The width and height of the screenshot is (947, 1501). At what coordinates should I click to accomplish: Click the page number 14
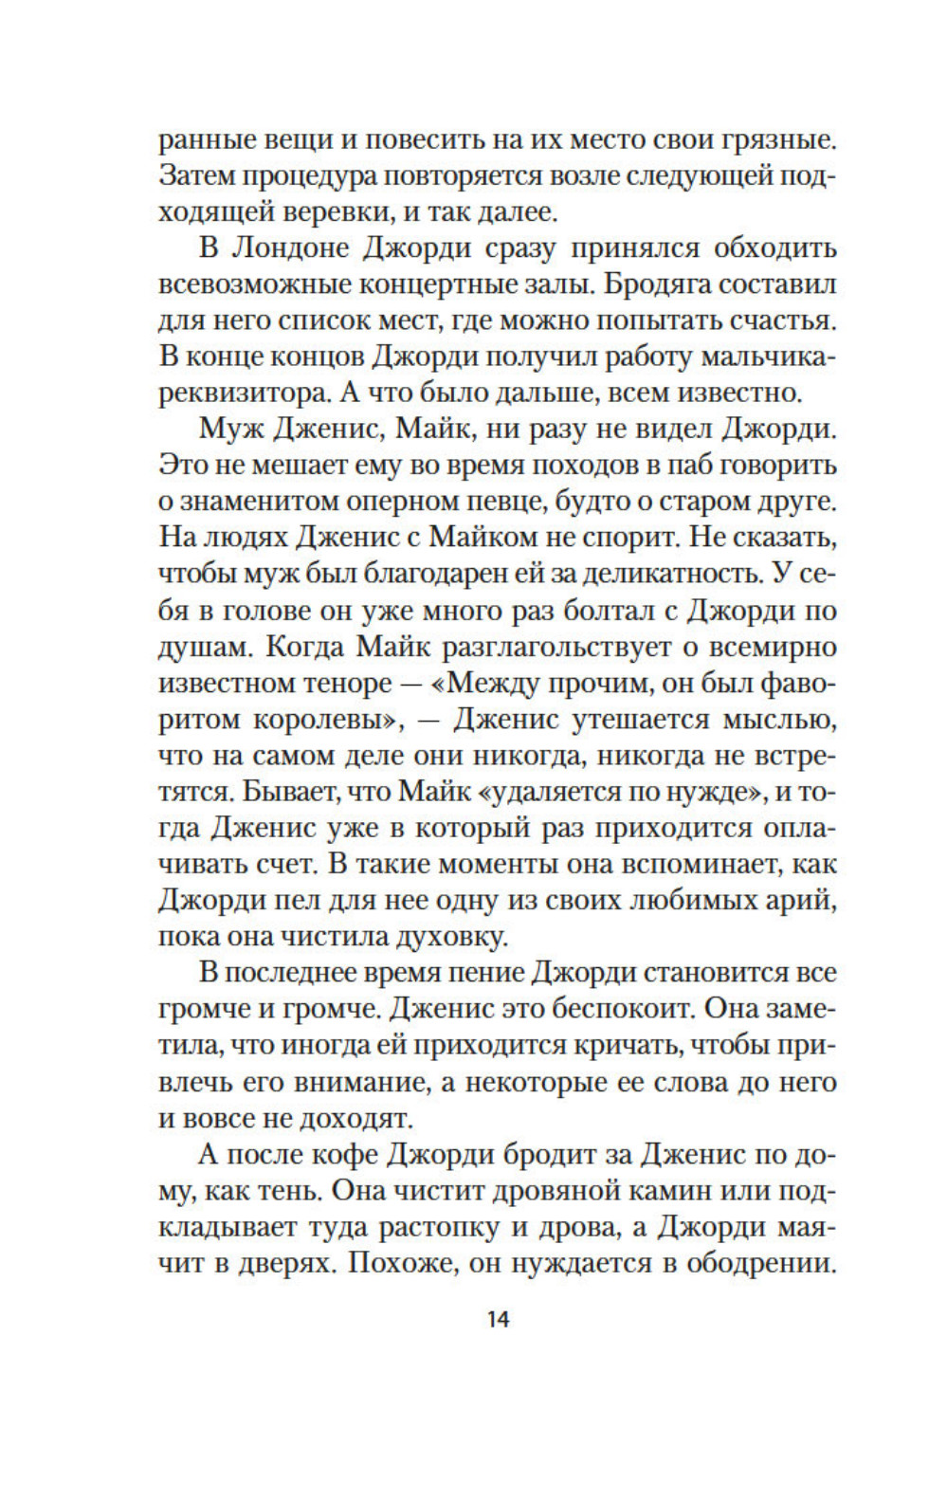coord(498,1319)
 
